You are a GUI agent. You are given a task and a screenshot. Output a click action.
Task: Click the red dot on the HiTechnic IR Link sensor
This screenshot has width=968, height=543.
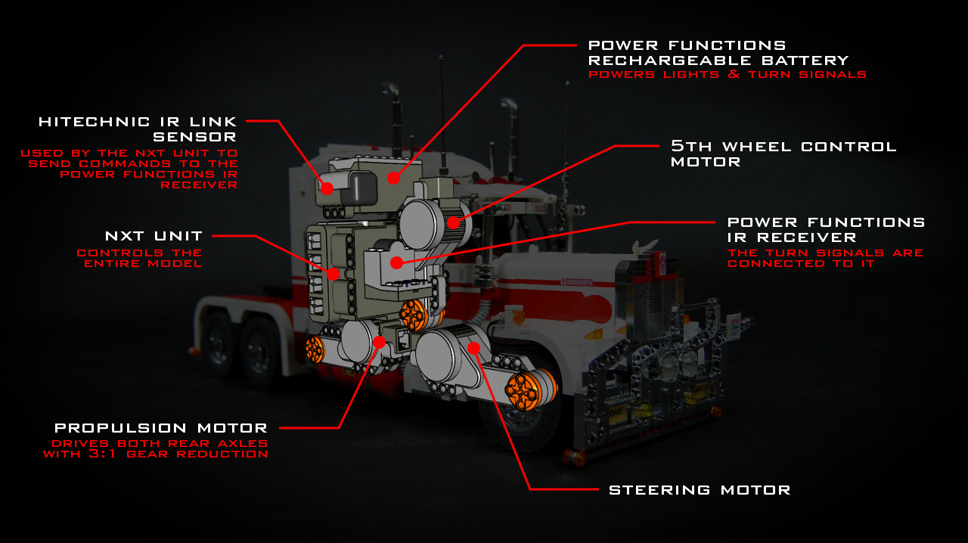(327, 188)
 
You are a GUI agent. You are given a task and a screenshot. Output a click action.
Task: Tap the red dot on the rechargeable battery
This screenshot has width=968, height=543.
(393, 178)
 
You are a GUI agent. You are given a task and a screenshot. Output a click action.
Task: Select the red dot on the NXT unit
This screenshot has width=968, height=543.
(334, 274)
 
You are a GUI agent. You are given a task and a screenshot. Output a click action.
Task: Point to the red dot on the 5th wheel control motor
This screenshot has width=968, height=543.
(453, 222)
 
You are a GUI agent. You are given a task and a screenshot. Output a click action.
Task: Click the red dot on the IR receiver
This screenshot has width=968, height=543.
(397, 262)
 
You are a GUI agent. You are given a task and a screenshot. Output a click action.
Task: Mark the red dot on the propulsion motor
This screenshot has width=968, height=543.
(379, 343)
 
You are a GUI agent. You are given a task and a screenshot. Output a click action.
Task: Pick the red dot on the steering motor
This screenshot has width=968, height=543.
(474, 348)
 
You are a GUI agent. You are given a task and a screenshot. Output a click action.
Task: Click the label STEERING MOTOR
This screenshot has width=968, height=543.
(700, 490)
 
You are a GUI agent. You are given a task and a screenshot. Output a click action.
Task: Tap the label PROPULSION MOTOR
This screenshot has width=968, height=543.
(161, 428)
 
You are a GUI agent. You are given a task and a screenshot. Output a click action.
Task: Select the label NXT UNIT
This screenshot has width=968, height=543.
(154, 236)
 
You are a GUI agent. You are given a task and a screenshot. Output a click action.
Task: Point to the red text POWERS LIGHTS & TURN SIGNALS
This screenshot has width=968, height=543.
(728, 74)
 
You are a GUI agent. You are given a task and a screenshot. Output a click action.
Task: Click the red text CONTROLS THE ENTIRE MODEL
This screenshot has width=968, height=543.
(140, 258)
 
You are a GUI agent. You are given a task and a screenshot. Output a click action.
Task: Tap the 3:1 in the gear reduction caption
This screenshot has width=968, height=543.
(102, 454)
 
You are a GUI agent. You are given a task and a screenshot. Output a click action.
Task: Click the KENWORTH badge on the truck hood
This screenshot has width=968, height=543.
(577, 282)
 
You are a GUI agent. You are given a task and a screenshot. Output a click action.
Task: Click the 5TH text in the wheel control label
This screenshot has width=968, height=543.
(691, 146)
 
